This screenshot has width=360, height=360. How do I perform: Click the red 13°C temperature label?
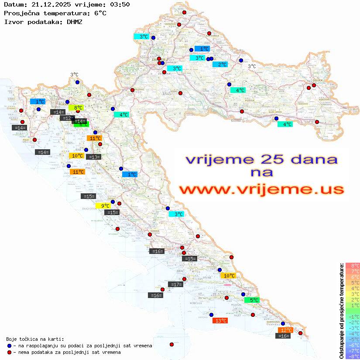(220, 321)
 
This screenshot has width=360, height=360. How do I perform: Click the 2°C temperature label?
(220, 65)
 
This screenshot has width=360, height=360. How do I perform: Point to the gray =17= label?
(175, 285)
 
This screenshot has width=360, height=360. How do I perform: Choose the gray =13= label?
(94, 157)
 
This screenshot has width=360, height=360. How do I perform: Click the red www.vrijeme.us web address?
(261, 189)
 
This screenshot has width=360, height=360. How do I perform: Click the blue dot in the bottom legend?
(9, 345)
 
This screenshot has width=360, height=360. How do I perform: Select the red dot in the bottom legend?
(9, 352)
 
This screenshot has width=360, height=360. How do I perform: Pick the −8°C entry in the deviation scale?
(352, 356)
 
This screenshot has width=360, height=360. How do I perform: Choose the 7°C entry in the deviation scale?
(353, 271)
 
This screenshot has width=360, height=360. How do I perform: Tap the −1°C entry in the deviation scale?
(352, 316)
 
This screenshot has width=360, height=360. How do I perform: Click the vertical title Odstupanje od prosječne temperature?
(341, 311)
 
